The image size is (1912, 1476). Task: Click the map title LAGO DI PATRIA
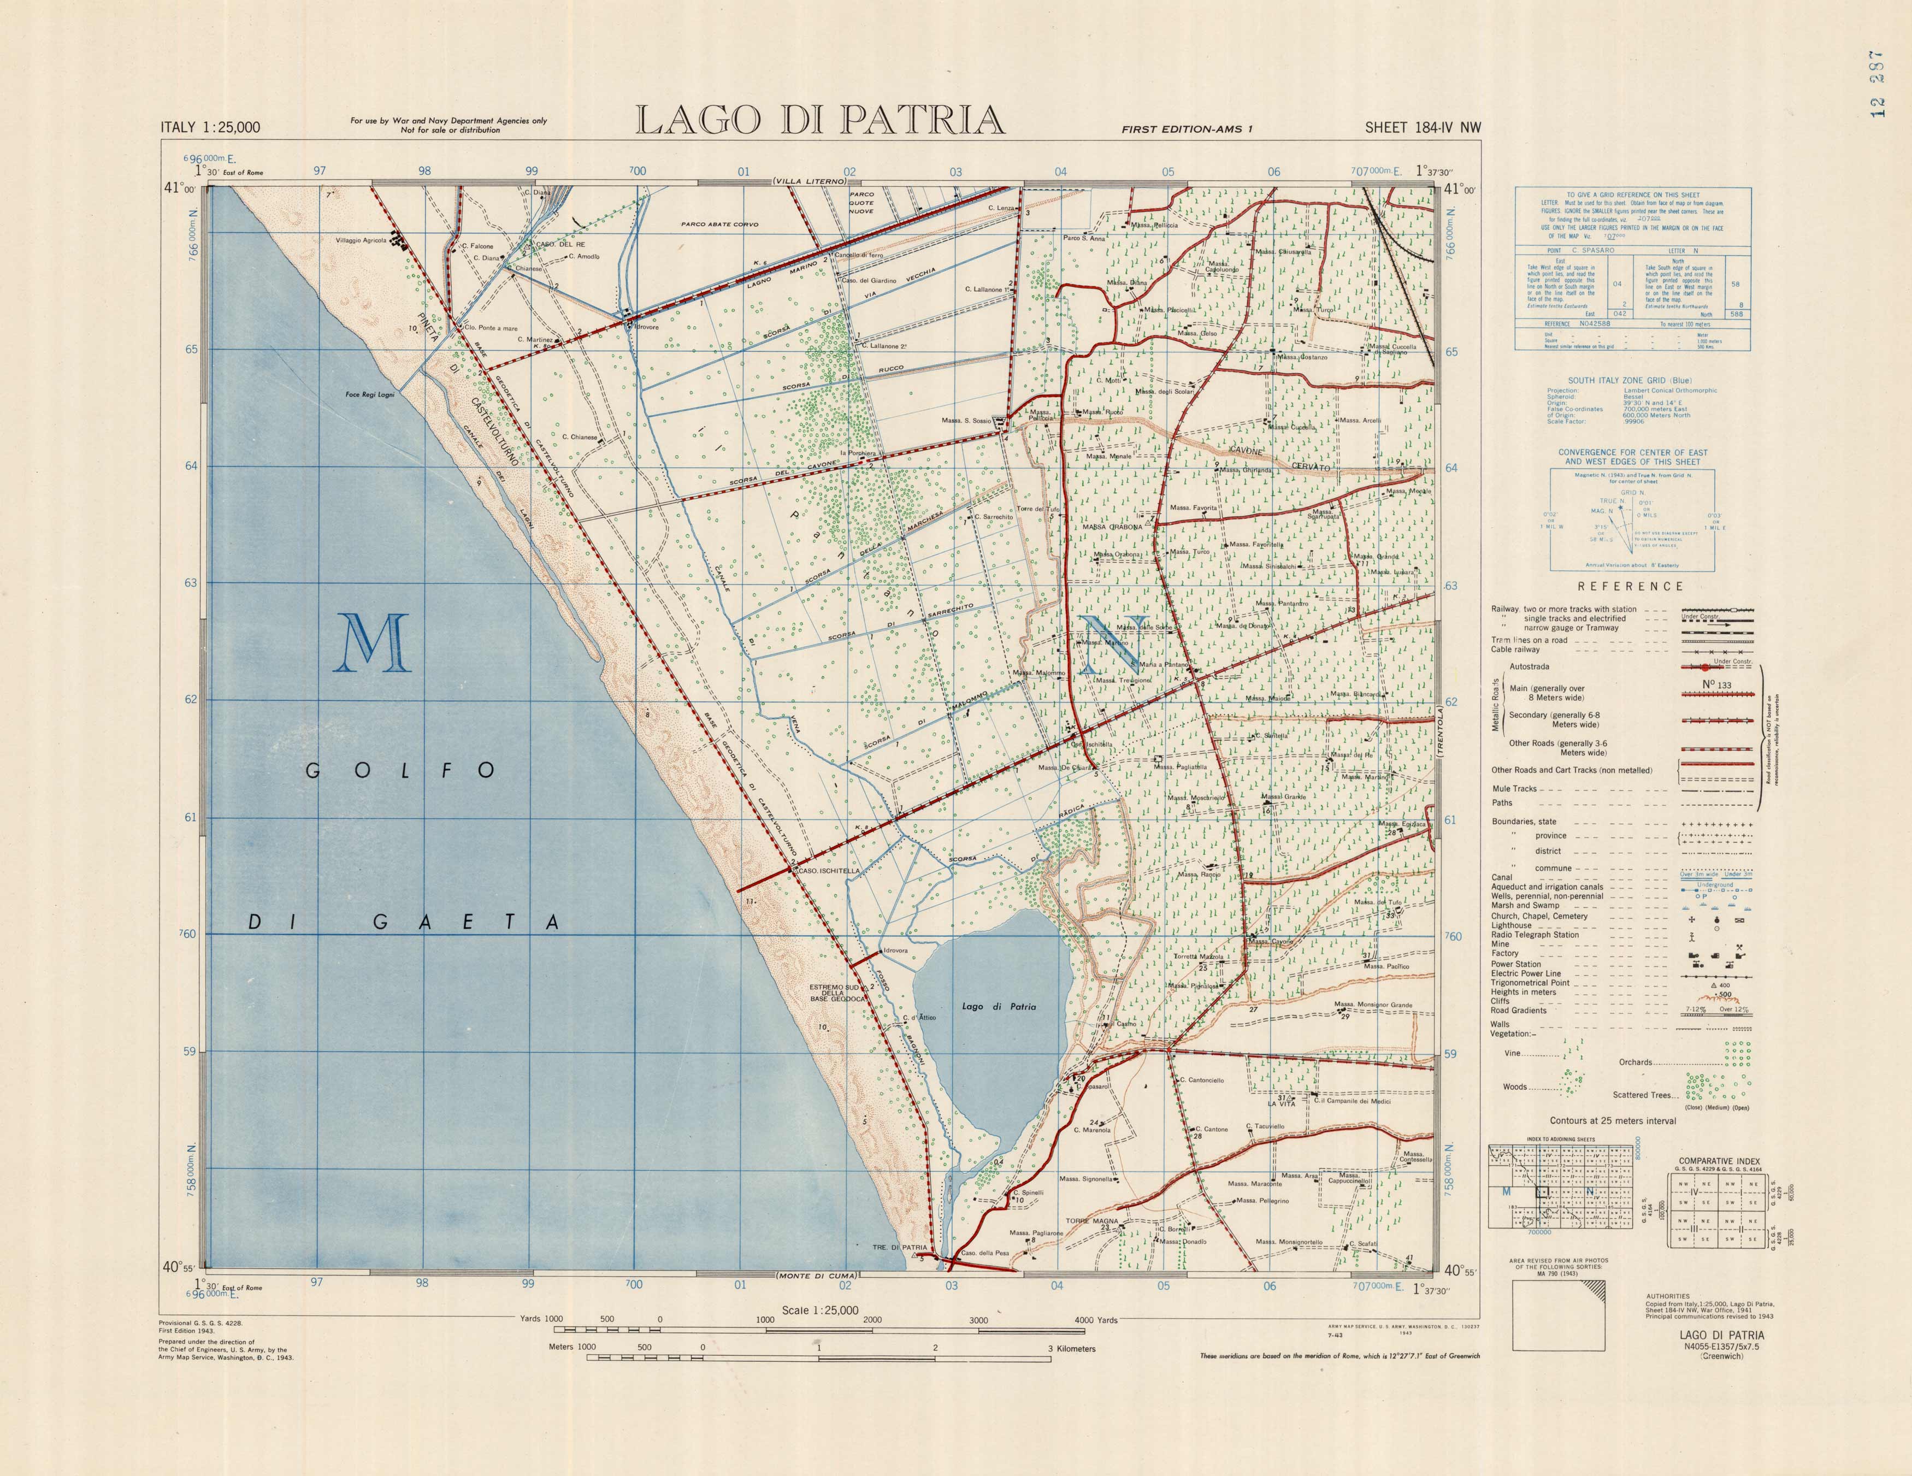[819, 120]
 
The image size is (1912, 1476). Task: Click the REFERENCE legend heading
[1630, 587]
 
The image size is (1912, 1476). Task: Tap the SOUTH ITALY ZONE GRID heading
[1630, 381]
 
